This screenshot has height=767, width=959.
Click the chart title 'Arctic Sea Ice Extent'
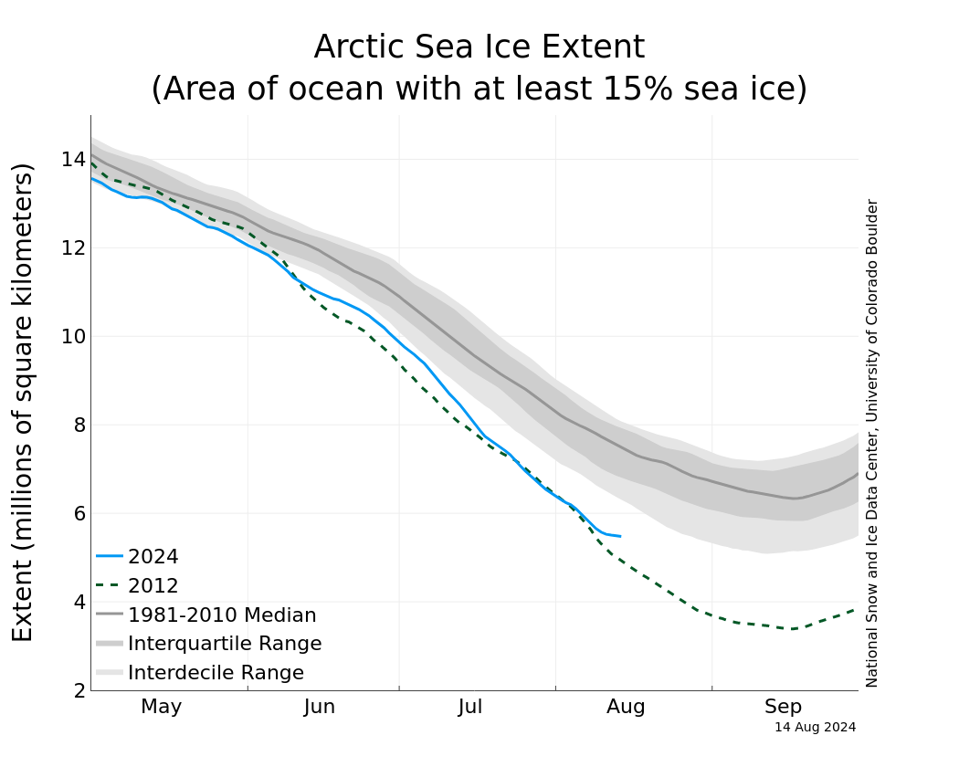(x=479, y=47)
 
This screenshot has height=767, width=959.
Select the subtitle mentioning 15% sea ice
(x=479, y=89)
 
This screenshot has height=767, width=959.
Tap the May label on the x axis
(x=162, y=707)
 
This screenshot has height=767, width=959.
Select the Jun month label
(x=320, y=707)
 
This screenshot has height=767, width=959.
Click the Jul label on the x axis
(x=470, y=707)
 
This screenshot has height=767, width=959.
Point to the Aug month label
(x=627, y=707)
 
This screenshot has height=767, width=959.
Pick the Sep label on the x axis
(x=783, y=707)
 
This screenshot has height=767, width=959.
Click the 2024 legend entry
(x=153, y=557)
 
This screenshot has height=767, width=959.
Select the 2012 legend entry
(x=153, y=586)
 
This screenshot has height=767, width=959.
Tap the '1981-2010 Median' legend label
(x=222, y=615)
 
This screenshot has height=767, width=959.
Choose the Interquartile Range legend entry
(x=225, y=644)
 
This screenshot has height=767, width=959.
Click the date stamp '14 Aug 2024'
(x=815, y=728)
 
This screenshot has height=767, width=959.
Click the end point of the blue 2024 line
(x=620, y=536)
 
